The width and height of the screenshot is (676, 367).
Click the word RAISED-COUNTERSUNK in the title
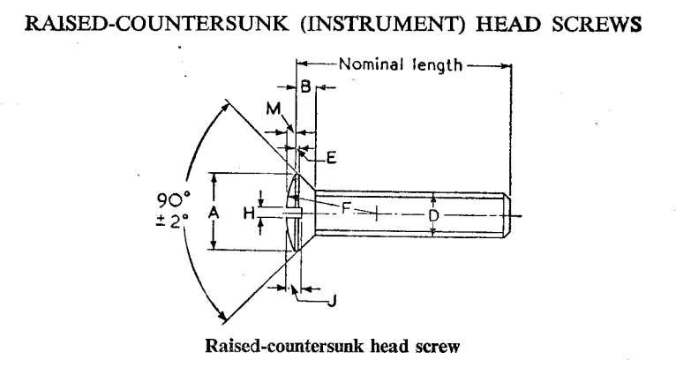click(x=156, y=24)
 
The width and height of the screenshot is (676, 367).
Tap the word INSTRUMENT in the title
click(x=383, y=24)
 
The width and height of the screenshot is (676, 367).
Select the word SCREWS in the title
click(x=597, y=24)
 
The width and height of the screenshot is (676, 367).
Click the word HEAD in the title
click(x=507, y=24)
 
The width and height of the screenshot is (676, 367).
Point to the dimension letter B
click(x=305, y=86)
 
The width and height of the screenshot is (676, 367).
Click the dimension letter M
click(x=274, y=109)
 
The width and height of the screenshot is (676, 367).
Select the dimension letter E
click(x=331, y=158)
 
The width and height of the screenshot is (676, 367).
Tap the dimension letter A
click(x=214, y=212)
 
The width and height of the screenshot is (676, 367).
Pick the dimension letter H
click(x=249, y=213)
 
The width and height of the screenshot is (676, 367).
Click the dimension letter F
click(x=346, y=209)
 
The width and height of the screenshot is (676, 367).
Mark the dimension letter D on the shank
click(x=433, y=215)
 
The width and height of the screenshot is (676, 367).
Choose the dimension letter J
click(x=332, y=301)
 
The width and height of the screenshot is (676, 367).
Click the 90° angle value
click(x=173, y=200)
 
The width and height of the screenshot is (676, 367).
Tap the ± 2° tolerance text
click(x=171, y=221)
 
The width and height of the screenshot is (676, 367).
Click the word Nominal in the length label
click(x=371, y=64)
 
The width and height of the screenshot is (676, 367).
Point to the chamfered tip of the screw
click(x=507, y=215)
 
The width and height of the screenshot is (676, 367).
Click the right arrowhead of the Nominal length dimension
click(x=506, y=66)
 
